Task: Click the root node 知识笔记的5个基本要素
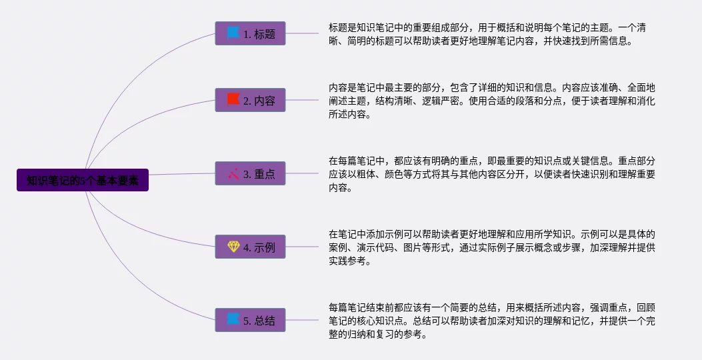[83, 180]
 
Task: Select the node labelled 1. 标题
[250, 33]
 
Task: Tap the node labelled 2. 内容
[250, 100]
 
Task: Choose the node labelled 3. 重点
[250, 173]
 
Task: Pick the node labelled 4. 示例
[250, 247]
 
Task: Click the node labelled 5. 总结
[250, 320]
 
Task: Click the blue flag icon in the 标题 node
[233, 33]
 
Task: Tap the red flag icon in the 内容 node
[233, 99]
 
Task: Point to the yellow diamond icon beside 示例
[234, 246]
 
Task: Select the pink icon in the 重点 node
[233, 173]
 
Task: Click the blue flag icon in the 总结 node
[233, 320]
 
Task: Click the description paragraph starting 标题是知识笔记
[487, 35]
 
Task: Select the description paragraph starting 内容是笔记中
[492, 101]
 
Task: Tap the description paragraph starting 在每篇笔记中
[492, 174]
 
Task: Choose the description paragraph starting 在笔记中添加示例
[492, 247]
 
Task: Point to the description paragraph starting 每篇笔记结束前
[492, 321]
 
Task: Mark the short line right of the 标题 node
[302, 33]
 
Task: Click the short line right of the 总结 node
[302, 320]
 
